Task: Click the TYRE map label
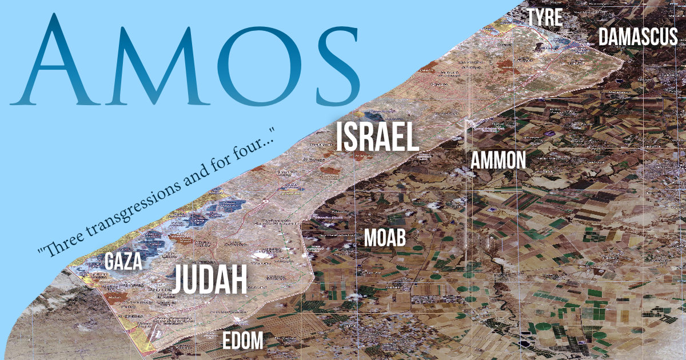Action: tap(544, 17)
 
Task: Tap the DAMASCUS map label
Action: tap(637, 37)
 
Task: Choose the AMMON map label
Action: tap(498, 161)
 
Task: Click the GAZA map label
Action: tap(123, 262)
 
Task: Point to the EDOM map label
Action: tap(242, 341)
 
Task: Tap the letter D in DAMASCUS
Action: tap(604, 37)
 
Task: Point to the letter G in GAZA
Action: tap(110, 262)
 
